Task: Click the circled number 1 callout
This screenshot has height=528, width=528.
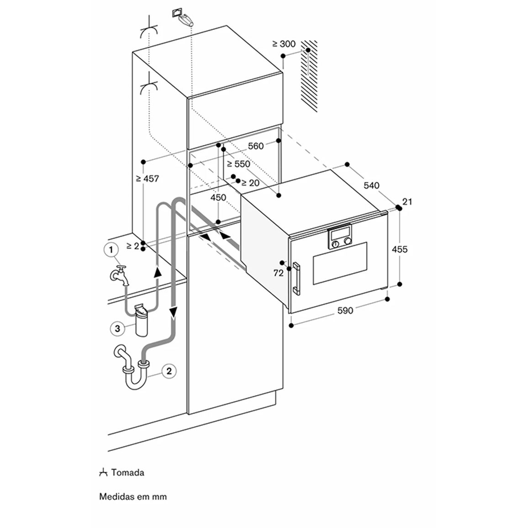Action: click(x=111, y=250)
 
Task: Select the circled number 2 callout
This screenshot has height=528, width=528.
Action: click(x=169, y=371)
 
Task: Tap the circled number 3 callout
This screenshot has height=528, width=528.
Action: click(x=117, y=328)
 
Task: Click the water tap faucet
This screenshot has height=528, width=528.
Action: click(x=119, y=275)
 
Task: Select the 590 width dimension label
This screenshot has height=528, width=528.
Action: click(x=345, y=311)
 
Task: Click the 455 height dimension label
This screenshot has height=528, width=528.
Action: click(x=400, y=249)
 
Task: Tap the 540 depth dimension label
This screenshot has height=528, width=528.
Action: click(x=371, y=185)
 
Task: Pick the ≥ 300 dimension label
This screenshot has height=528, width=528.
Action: click(x=284, y=44)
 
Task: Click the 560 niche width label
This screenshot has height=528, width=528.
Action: click(x=256, y=146)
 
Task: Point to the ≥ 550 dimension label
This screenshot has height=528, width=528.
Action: click(x=238, y=164)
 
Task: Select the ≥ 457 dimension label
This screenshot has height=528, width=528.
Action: click(x=147, y=179)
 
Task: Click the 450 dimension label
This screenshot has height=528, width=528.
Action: click(x=218, y=197)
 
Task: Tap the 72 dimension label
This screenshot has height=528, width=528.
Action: click(x=279, y=274)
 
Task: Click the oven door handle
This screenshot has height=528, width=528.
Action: click(x=296, y=279)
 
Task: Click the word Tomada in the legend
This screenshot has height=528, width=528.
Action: click(x=127, y=472)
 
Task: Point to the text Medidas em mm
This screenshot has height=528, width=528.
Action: click(x=133, y=496)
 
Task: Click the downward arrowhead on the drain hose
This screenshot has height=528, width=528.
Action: click(x=174, y=313)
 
